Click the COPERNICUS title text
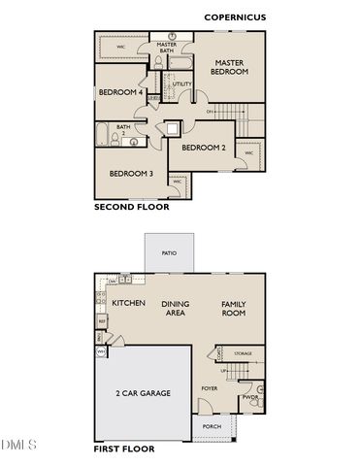click(x=235, y=17)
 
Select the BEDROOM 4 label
click(x=121, y=92)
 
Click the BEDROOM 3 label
click(x=131, y=174)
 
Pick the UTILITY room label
click(x=181, y=84)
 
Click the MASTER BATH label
click(x=167, y=48)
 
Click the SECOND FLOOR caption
click(x=131, y=207)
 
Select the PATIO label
click(x=169, y=254)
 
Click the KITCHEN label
click(x=128, y=304)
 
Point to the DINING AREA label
click(x=175, y=309)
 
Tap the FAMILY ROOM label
click(x=234, y=309)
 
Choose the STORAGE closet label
click(x=242, y=353)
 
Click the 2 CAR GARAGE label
click(x=144, y=393)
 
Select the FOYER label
click(x=210, y=388)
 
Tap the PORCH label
click(x=212, y=426)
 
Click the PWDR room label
click(x=250, y=397)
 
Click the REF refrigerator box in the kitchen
click(x=101, y=320)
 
